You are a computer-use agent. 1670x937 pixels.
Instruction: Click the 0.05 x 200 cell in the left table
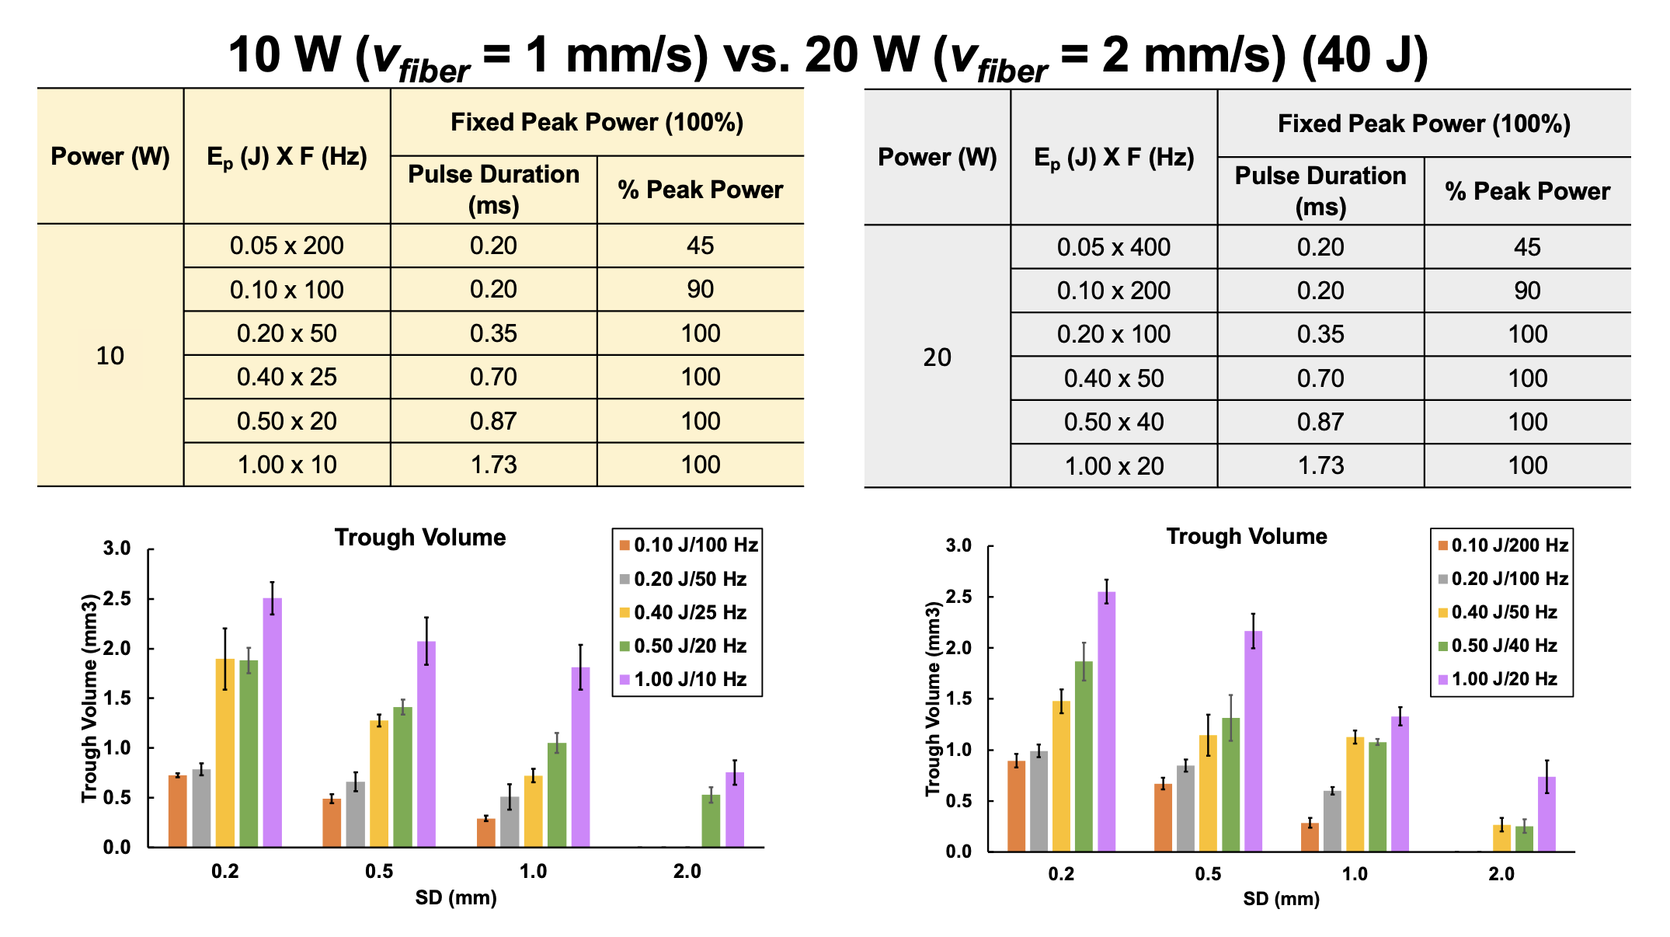(287, 246)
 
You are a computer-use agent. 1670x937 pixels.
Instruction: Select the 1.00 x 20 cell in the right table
(1114, 466)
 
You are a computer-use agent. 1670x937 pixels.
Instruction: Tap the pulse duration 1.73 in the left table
(493, 465)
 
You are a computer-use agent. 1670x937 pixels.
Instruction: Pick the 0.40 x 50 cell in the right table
(1114, 378)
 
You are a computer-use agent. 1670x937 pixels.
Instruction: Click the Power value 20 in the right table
(937, 357)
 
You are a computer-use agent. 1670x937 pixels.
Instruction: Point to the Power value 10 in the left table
(110, 356)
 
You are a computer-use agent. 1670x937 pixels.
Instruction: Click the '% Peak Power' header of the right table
(1527, 191)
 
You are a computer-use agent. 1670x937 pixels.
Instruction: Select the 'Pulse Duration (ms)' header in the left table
(493, 190)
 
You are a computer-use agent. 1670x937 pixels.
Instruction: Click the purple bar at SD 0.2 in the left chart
(273, 723)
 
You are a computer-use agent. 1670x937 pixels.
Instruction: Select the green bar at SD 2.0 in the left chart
(711, 821)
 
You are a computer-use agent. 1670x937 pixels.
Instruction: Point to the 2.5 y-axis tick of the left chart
(118, 599)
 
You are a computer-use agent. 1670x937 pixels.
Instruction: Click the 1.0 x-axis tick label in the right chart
(1355, 874)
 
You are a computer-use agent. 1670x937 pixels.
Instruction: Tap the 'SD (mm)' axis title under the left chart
(456, 898)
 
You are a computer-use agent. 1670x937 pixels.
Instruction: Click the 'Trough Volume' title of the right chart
(1246, 536)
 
